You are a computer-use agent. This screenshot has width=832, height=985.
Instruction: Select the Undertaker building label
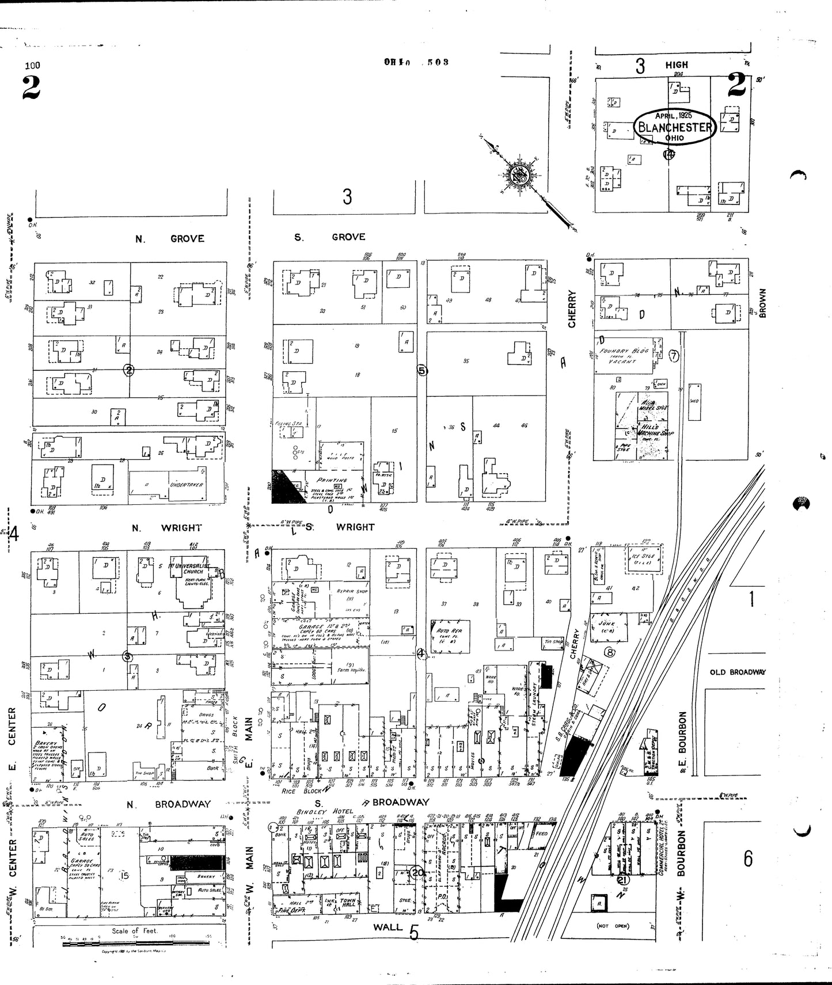pos(185,485)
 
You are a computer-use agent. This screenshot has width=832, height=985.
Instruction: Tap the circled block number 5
pos(422,371)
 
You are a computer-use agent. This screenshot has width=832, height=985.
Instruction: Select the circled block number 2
pos(129,370)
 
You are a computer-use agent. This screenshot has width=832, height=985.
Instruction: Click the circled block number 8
pos(610,652)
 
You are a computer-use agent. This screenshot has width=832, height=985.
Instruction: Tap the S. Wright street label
pos(340,527)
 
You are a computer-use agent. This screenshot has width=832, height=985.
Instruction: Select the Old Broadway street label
pos(737,672)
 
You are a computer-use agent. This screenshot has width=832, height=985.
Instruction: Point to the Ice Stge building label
pos(639,557)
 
